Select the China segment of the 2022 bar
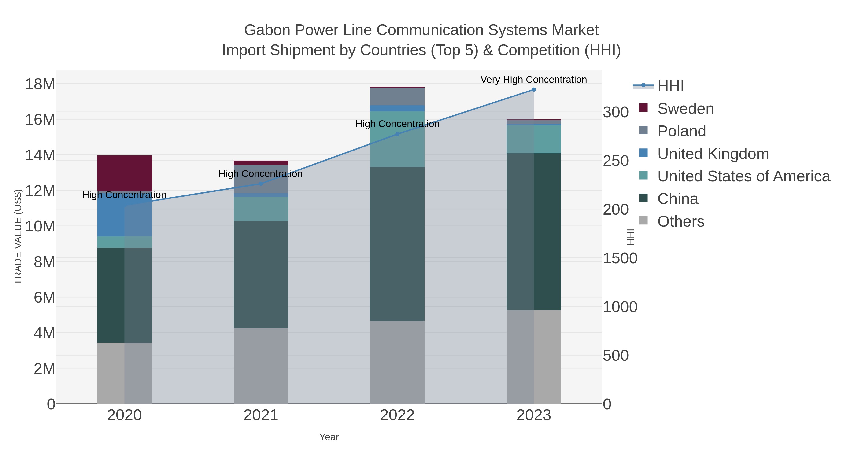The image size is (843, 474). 397,244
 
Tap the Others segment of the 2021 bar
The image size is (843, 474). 261,366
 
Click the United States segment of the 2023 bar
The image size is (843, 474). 533,139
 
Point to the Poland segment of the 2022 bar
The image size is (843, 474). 397,96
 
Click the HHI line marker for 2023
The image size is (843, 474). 533,90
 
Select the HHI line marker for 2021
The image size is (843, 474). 261,184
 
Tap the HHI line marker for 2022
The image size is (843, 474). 397,134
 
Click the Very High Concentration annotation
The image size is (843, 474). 533,80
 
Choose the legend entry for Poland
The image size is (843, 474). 681,131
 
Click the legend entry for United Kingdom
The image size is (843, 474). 713,154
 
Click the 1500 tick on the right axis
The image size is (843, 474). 620,258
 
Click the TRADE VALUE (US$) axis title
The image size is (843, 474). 18,237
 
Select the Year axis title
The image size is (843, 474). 329,437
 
